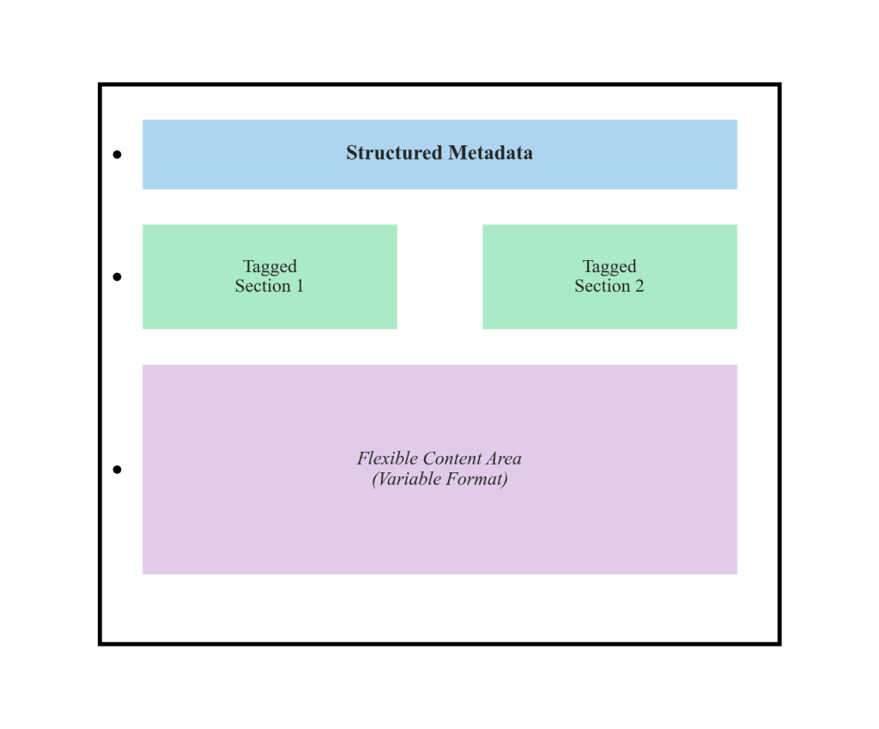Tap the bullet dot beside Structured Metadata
pyautogui.click(x=117, y=155)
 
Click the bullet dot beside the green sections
pyautogui.click(x=117, y=276)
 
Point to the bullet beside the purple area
pyautogui.click(x=117, y=469)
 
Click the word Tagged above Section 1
pyautogui.click(x=270, y=266)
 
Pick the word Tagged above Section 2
pyautogui.click(x=609, y=266)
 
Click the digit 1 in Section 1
pyautogui.click(x=300, y=286)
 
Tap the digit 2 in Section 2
pyautogui.click(x=639, y=286)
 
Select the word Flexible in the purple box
pyautogui.click(x=382, y=458)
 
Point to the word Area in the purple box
pyautogui.click(x=504, y=458)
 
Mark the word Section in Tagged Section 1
pyautogui.click(x=263, y=286)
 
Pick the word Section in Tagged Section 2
pyautogui.click(x=602, y=286)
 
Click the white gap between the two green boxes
pyautogui.click(x=439, y=276)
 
